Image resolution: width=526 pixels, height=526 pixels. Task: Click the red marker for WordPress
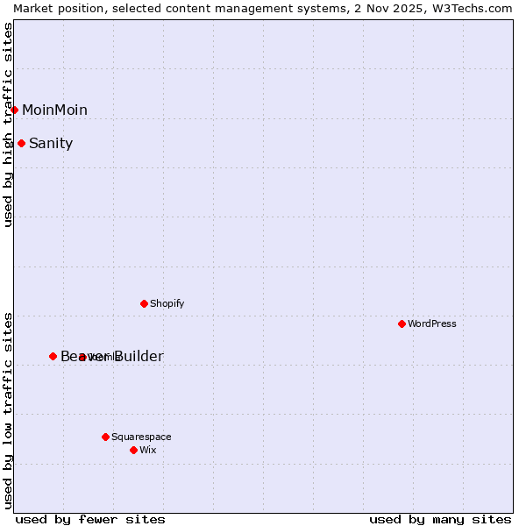click(402, 323)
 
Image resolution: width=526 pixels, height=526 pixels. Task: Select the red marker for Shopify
click(144, 303)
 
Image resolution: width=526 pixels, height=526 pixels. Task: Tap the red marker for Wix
click(133, 450)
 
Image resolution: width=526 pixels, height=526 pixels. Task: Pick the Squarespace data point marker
click(105, 437)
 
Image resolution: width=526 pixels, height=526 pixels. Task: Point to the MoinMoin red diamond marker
click(15, 110)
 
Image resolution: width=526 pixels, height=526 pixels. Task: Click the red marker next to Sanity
click(21, 143)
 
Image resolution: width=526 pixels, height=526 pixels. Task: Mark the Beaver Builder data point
click(53, 356)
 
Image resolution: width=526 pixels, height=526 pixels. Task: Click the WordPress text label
click(432, 323)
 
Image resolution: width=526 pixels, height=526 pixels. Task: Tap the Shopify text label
click(167, 303)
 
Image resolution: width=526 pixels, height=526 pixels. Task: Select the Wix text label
click(147, 450)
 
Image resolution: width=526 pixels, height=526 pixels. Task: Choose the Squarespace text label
click(141, 437)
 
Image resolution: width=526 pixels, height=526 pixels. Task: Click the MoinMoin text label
click(54, 110)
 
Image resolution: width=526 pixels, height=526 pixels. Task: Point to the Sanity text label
click(51, 143)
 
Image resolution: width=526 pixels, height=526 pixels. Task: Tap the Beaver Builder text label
click(111, 356)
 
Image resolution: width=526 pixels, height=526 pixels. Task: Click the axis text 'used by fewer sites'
click(90, 519)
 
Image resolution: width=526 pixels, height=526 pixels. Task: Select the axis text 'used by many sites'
click(440, 519)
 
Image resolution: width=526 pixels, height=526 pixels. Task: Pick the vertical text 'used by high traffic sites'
click(9, 124)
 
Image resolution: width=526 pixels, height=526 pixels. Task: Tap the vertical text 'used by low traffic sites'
click(9, 409)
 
